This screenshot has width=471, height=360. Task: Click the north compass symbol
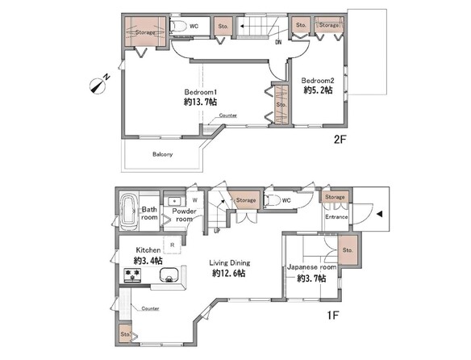pos(98,86)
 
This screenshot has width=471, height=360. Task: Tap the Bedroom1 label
pos(200,92)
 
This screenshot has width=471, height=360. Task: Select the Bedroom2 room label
pos(318,81)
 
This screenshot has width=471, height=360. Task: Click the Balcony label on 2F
pos(162,154)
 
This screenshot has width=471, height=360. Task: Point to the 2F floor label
pos(340,140)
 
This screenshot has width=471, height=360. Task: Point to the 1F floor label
pos(333,316)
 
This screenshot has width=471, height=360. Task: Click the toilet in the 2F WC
pos(177,26)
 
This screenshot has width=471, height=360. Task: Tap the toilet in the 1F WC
pos(271,200)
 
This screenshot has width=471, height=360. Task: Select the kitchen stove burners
pos(132,275)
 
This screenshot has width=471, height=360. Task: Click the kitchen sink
pos(169,275)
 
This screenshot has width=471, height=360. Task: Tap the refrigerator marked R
pos(172,245)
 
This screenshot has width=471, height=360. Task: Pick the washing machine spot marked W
pos(194,200)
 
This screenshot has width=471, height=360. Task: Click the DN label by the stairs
pos(278,43)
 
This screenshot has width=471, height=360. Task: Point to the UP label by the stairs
pos(217,231)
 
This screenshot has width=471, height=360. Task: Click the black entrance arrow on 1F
pos(379,214)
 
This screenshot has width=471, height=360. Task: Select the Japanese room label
pos(311,267)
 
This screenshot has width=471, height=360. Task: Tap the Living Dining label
pos(230,263)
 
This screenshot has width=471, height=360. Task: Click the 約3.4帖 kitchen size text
pos(148,261)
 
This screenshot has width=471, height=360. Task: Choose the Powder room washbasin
pos(174,201)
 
